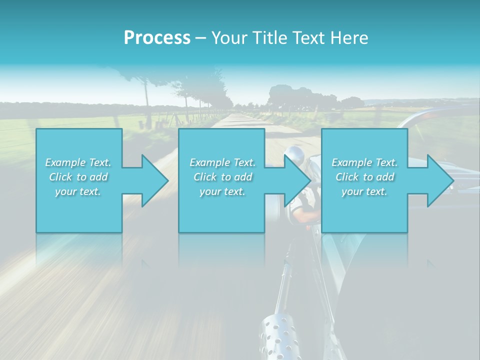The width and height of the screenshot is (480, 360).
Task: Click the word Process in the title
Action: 157,38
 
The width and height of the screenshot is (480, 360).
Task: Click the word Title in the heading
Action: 270,38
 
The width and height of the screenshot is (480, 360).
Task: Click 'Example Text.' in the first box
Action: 78,162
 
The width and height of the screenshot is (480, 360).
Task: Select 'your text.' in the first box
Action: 78,191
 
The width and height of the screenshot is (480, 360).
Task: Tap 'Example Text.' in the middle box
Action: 222,162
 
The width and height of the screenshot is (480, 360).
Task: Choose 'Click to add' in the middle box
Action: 222,177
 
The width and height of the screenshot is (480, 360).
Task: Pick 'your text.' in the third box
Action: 364,191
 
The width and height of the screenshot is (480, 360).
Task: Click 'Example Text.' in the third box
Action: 364,162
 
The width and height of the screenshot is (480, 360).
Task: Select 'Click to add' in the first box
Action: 78,177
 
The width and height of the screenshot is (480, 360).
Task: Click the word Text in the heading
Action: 308,38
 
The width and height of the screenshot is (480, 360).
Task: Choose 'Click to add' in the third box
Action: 364,177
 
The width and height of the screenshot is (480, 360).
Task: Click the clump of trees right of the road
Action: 295,97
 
